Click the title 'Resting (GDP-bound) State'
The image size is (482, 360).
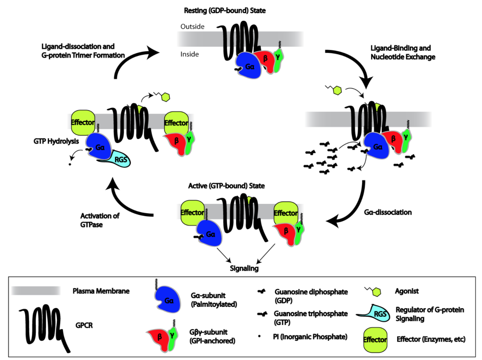pos(224,11)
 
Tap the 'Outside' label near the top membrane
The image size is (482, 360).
pos(192,26)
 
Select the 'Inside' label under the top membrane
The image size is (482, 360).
pos(189,54)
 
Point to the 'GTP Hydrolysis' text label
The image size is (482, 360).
pos(56,141)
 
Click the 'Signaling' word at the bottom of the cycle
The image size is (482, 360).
pos(244,268)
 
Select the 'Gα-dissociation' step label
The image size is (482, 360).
pos(388,212)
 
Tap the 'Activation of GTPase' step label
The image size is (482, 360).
pos(100,220)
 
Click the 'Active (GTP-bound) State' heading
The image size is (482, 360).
pos(226,186)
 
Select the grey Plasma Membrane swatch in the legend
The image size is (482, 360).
pos(36,291)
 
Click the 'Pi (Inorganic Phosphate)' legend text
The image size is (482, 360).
pos(310,337)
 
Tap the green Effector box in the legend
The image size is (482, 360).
pos(375,340)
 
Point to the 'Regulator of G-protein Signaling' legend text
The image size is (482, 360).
pos(430,314)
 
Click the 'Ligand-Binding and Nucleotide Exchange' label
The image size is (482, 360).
pos(402,52)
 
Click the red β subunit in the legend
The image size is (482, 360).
pos(158,337)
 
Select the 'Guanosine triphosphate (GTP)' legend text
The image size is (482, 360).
pos(310,318)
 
